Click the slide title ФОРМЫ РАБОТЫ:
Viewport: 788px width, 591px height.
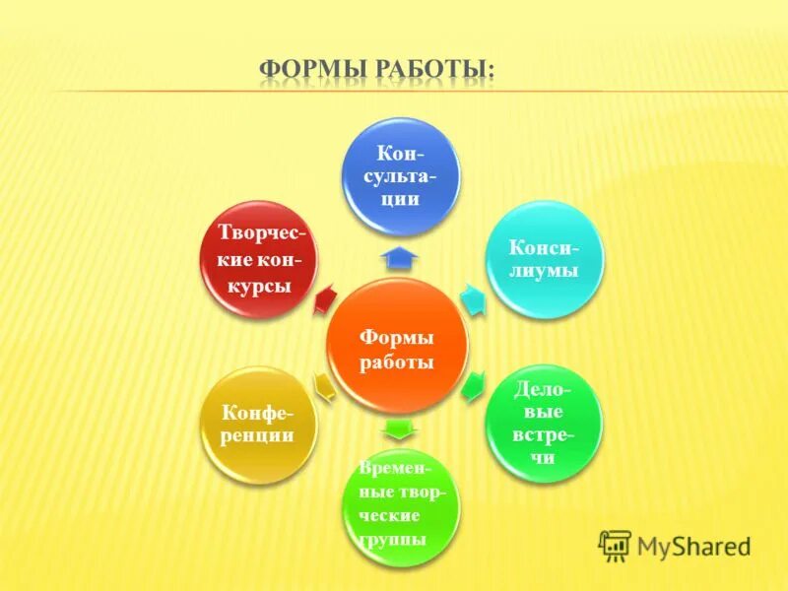[x=377, y=70]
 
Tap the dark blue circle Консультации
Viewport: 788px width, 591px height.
[x=401, y=178]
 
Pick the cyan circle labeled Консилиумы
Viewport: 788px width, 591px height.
[x=544, y=259]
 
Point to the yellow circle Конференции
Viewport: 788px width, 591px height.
[x=258, y=424]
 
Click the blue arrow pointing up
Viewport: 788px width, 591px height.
[x=401, y=258]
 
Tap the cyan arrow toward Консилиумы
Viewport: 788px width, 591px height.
[x=474, y=300]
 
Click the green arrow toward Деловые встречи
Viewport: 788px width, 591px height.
[x=473, y=384]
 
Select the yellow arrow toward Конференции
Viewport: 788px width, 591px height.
[x=324, y=384]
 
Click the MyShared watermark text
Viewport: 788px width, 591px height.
[x=693, y=545]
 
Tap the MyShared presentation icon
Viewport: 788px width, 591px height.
[x=615, y=545]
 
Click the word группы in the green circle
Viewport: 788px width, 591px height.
[x=393, y=539]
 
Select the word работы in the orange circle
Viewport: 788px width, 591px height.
[x=397, y=362]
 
